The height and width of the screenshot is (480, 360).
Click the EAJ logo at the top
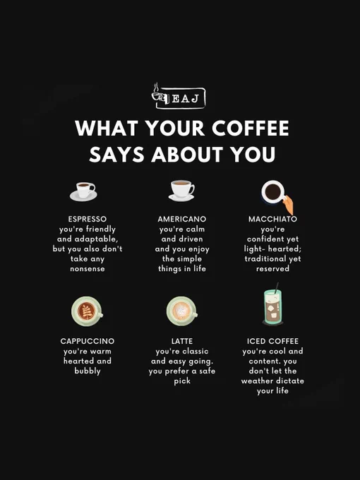point(179,96)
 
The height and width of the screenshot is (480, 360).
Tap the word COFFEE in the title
point(251,128)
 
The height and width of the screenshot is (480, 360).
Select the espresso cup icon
point(83,191)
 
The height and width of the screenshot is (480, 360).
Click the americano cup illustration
point(181,191)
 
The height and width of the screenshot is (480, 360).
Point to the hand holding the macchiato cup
point(288,205)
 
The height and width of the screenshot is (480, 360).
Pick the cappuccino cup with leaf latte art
point(87,311)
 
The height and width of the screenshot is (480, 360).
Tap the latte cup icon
point(182,311)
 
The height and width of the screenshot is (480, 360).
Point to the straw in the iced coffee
point(277,288)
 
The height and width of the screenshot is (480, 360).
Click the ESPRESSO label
point(88,220)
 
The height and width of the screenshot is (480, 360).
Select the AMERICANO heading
point(182,220)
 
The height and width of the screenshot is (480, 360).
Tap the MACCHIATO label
point(272,220)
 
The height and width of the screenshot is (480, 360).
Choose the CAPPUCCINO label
point(88,341)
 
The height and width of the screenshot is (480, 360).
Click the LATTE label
point(182,341)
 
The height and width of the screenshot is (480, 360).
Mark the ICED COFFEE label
point(272,341)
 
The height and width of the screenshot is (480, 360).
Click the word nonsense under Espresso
point(88,269)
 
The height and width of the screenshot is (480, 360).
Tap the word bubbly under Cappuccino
point(88,371)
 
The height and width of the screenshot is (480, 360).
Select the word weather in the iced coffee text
point(256,380)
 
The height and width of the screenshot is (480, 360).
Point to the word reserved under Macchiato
point(272,269)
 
